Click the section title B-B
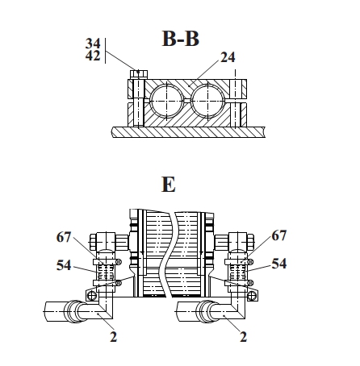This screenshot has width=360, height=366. (x=181, y=39)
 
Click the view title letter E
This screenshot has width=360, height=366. (x=169, y=185)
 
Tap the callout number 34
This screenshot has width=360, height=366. (x=93, y=44)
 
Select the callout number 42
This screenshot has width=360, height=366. (x=93, y=56)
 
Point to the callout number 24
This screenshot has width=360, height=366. (x=228, y=57)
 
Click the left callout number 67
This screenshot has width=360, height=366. (x=64, y=237)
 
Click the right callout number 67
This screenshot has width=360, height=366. (x=279, y=235)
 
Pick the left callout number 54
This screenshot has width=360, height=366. (x=64, y=265)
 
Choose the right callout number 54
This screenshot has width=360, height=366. (x=279, y=264)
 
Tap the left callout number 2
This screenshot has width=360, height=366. (x=114, y=337)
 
